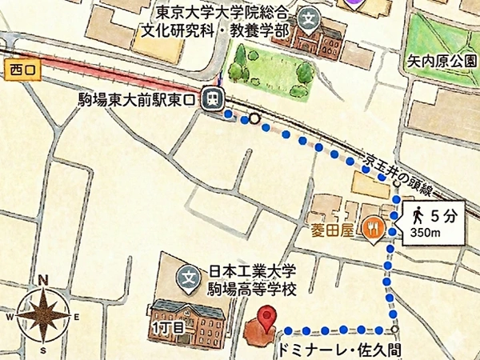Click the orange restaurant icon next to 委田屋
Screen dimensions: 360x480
[x=372, y=229]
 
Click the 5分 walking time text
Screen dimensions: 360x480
[x=442, y=214]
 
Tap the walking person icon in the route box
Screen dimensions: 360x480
[x=418, y=214]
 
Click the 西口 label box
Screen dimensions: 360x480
[x=19, y=70]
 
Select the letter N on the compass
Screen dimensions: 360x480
[x=45, y=281]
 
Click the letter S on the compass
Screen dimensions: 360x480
[x=45, y=350]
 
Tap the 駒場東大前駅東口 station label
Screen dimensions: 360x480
[x=137, y=99]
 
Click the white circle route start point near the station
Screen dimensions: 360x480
[x=254, y=119]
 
